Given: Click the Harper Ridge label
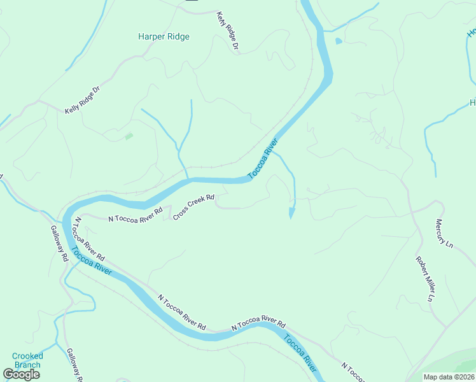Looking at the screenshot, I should [x=164, y=37].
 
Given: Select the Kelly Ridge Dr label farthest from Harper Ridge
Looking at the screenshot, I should [x=83, y=101].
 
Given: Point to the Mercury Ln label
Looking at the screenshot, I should [x=444, y=234].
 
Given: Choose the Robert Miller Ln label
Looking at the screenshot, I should [x=425, y=279].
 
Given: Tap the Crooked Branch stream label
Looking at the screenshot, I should [x=27, y=360].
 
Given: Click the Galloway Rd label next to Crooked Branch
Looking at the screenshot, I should [x=75, y=365].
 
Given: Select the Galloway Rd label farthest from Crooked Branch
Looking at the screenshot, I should [x=60, y=244].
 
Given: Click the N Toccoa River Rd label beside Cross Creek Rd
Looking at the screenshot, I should [x=136, y=214].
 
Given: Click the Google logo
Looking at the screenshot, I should [x=22, y=374].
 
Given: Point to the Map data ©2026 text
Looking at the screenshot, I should [x=449, y=377].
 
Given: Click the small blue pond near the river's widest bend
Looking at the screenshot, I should [x=338, y=41].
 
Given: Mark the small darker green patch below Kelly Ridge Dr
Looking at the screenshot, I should [x=129, y=136].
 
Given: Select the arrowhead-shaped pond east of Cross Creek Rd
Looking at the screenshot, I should [x=292, y=212].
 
